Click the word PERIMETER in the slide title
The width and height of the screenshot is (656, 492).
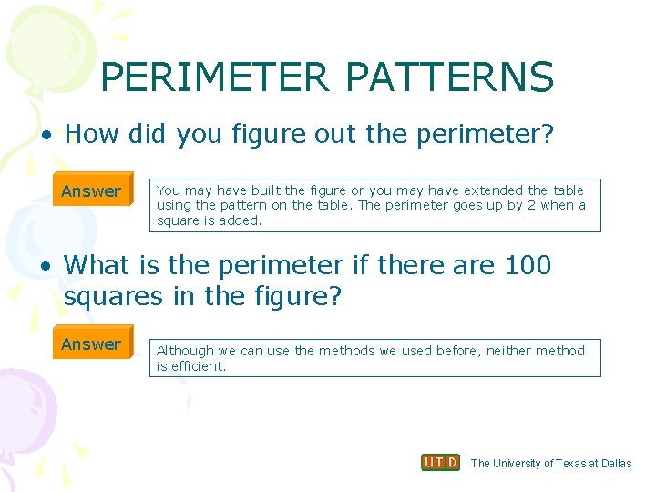[x=215, y=77]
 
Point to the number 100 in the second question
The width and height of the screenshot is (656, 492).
[x=528, y=265]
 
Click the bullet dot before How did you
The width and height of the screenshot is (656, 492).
[x=46, y=136]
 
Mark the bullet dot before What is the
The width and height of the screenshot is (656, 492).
[x=46, y=266]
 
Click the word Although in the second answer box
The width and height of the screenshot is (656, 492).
[x=185, y=351]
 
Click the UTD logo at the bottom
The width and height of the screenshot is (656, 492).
[x=441, y=463]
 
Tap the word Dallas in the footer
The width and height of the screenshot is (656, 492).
[x=615, y=464]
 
